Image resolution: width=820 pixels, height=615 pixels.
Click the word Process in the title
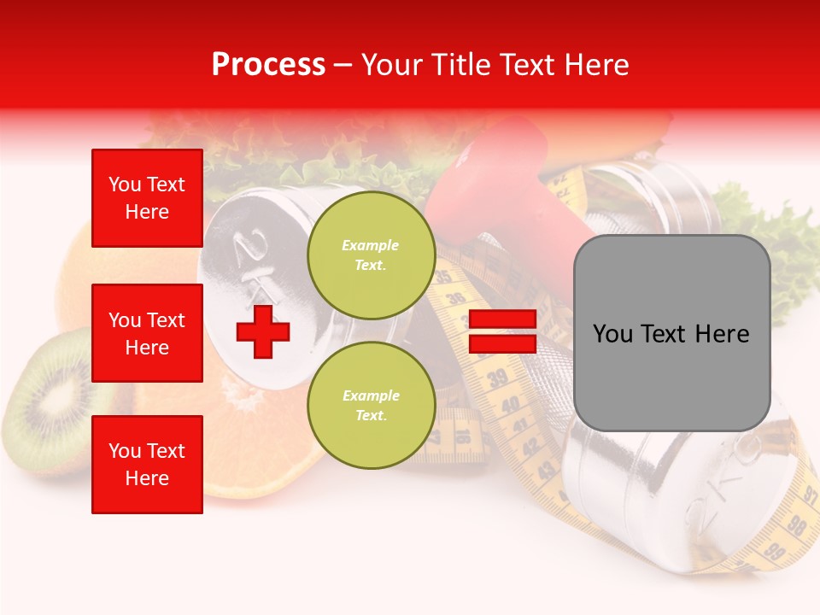click(x=268, y=65)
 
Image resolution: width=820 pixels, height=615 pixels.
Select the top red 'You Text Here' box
click(x=147, y=198)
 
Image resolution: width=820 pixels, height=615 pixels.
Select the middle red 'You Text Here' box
click(x=147, y=333)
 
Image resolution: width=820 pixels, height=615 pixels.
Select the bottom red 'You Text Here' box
click(x=147, y=464)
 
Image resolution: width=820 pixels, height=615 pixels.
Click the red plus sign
click(x=263, y=331)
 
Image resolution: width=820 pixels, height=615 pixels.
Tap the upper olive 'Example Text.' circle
click(x=371, y=255)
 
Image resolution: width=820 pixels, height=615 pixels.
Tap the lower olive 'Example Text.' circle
click(x=371, y=406)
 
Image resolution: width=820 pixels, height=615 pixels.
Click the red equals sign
click(x=502, y=331)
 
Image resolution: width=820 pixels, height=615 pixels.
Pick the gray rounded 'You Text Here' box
click(x=671, y=333)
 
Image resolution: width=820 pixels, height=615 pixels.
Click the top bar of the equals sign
click(x=502, y=319)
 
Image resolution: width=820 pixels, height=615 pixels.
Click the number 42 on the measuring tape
click(x=530, y=444)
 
